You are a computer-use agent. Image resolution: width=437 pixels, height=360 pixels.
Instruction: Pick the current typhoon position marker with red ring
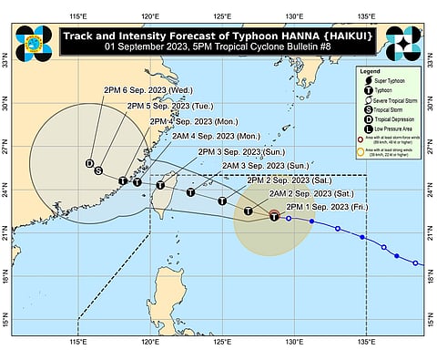(x=274, y=216)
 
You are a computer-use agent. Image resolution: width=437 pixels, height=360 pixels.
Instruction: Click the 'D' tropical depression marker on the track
(x=90, y=164)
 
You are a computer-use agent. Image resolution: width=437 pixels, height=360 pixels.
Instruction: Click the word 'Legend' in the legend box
(x=373, y=71)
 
